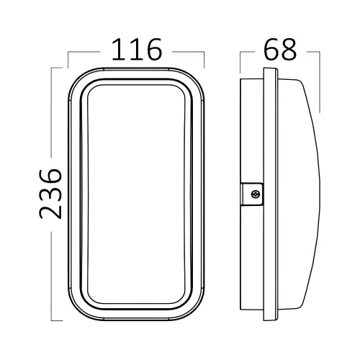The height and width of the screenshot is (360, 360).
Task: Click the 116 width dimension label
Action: pyautogui.click(x=137, y=50)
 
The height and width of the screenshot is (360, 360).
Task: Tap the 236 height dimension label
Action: pyautogui.click(x=50, y=194)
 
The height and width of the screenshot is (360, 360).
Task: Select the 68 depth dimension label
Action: pyautogui.click(x=280, y=50)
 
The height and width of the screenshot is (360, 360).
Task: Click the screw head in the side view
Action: pyautogui.click(x=255, y=194)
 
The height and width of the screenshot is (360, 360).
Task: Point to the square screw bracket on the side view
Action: pyautogui.click(x=251, y=194)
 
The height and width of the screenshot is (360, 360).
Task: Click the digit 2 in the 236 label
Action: pyautogui.click(x=50, y=210)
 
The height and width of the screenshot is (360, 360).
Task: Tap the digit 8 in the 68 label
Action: pyautogui.click(x=289, y=50)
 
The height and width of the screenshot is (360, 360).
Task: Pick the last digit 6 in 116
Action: pyautogui.click(x=154, y=50)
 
